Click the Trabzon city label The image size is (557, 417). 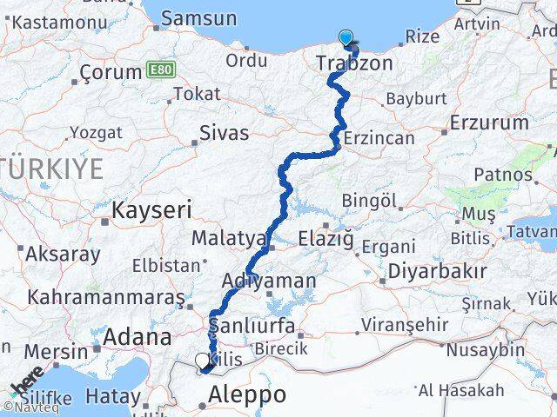pos(354,63)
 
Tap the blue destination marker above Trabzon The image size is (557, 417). pos(346,38)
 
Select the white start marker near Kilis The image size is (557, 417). pos(203,361)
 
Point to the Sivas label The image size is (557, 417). pos(224,133)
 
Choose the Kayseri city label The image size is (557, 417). pos(152,209)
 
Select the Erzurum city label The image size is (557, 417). pos(485,122)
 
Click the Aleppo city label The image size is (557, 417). pos(247,395)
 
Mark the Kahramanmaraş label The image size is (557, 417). pos(105,297)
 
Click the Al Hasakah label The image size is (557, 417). pos(460,390)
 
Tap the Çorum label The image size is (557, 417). pos(110,72)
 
